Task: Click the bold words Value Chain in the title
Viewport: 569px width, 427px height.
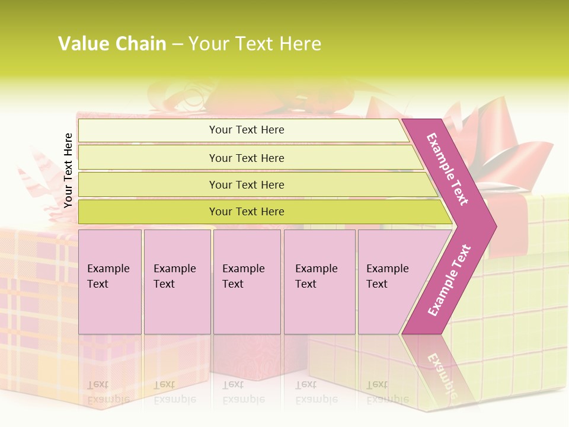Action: tap(112, 44)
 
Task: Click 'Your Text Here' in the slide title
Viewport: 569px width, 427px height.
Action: tap(255, 44)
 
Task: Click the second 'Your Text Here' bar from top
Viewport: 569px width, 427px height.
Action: tap(247, 158)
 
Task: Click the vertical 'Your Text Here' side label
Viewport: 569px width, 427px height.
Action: tap(68, 170)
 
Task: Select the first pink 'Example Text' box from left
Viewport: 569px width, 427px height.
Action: tap(110, 281)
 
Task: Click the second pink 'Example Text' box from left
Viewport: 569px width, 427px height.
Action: tap(177, 281)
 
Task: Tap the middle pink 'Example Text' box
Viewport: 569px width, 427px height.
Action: tap(247, 281)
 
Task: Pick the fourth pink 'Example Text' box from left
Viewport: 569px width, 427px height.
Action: tap(319, 281)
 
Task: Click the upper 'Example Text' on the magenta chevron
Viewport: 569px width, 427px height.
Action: tap(448, 169)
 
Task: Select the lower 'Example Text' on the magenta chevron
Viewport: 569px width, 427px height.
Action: tap(449, 281)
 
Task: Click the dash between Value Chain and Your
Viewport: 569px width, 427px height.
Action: tap(177, 44)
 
